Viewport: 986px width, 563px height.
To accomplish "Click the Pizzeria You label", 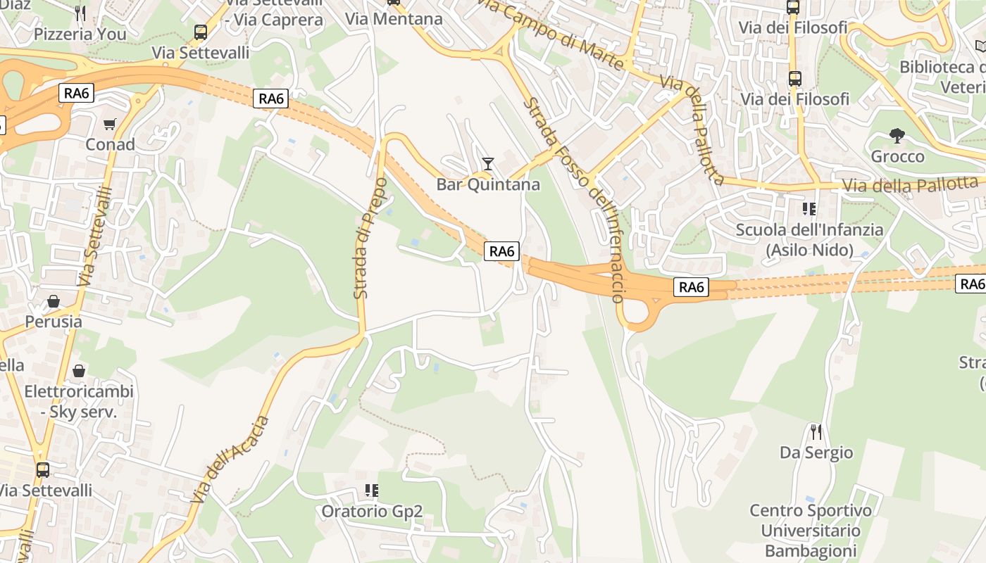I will [x=80, y=34].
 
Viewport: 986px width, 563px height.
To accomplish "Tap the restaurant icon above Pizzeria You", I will [x=80, y=13].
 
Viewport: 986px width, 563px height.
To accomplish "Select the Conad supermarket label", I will [x=110, y=144].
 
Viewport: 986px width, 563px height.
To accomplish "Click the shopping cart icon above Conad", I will [x=109, y=125].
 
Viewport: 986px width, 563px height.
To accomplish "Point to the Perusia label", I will [x=54, y=322].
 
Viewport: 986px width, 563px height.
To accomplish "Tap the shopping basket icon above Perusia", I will [x=53, y=302].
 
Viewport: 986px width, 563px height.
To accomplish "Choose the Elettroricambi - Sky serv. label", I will [x=79, y=402].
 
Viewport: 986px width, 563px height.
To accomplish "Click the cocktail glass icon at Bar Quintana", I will [x=487, y=164].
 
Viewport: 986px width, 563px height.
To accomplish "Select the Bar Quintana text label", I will [x=488, y=184].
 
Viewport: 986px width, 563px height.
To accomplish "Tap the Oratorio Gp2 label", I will [x=372, y=511].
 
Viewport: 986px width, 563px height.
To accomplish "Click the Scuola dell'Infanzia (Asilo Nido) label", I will [x=809, y=239].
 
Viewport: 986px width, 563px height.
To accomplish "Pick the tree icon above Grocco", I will [x=897, y=135].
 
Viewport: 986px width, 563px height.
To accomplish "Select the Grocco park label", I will [x=897, y=156].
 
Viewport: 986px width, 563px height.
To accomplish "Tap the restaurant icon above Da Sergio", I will [x=816, y=431].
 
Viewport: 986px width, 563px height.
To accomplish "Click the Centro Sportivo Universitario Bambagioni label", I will [x=810, y=530].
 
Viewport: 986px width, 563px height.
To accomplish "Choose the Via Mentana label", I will [x=394, y=19].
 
